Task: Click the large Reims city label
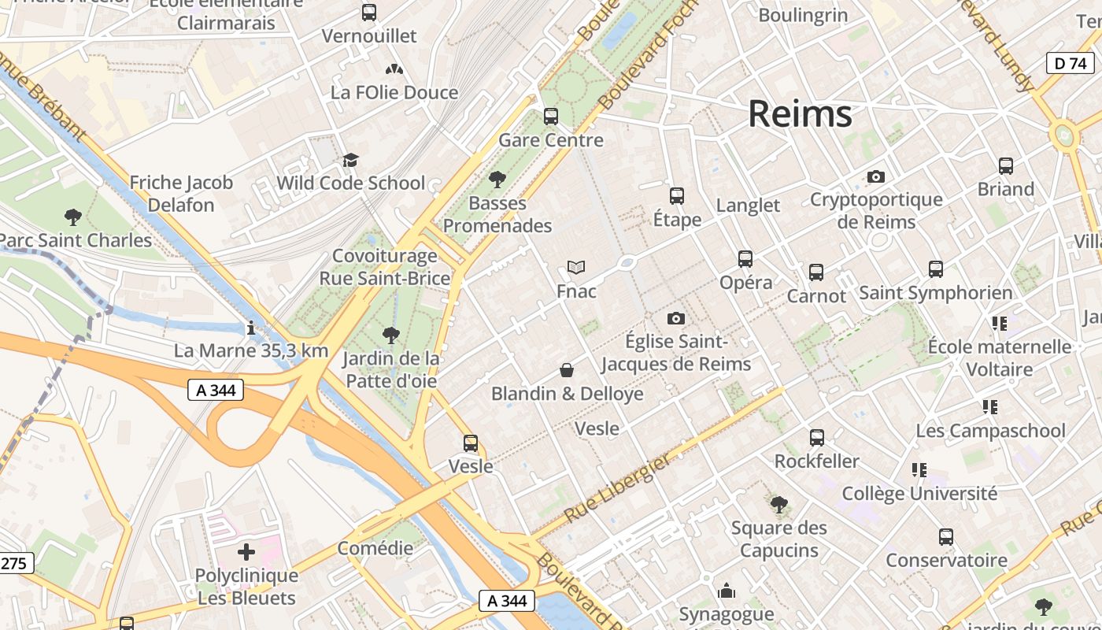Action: (800, 114)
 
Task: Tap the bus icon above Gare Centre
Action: (551, 117)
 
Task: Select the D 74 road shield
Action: (1071, 63)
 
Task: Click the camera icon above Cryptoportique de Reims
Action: (876, 177)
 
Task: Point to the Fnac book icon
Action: (576, 268)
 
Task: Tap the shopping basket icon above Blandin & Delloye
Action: (567, 370)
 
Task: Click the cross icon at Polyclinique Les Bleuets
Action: (246, 552)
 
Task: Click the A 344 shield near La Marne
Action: (216, 390)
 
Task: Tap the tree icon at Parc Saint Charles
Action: (73, 217)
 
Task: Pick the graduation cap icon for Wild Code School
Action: (350, 160)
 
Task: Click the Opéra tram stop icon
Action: (745, 258)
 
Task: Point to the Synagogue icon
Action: (727, 591)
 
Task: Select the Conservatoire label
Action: (946, 561)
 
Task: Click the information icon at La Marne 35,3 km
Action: (250, 327)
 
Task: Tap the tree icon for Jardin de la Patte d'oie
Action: (390, 335)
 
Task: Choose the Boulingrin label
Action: (803, 14)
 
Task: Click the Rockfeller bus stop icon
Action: (817, 437)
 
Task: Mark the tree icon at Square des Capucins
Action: (778, 504)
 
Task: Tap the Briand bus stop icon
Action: (1005, 166)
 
